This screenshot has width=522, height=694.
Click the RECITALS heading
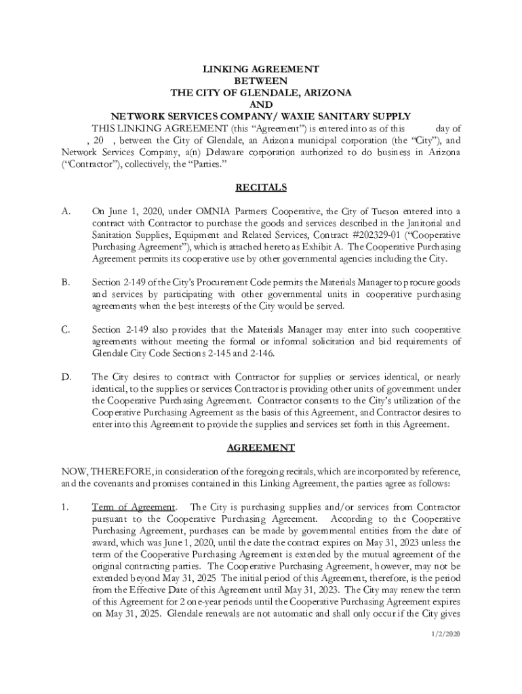click(x=261, y=188)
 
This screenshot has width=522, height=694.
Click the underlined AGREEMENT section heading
click(x=261, y=448)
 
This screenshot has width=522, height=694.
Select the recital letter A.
click(x=66, y=211)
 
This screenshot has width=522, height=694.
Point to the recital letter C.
click(x=66, y=330)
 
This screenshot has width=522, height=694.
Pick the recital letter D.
click(x=66, y=377)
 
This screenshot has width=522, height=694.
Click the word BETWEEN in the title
click(x=261, y=81)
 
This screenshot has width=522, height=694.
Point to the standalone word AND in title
click(x=261, y=104)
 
